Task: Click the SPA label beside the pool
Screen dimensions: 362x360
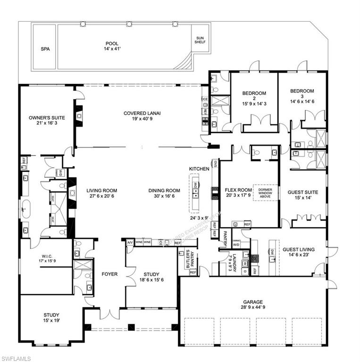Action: click(45, 49)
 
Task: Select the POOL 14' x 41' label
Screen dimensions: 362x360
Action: click(112, 46)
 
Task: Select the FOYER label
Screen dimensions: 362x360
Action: click(109, 274)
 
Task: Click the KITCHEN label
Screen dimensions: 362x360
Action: click(199, 168)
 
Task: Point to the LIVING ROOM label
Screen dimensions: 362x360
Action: click(101, 193)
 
